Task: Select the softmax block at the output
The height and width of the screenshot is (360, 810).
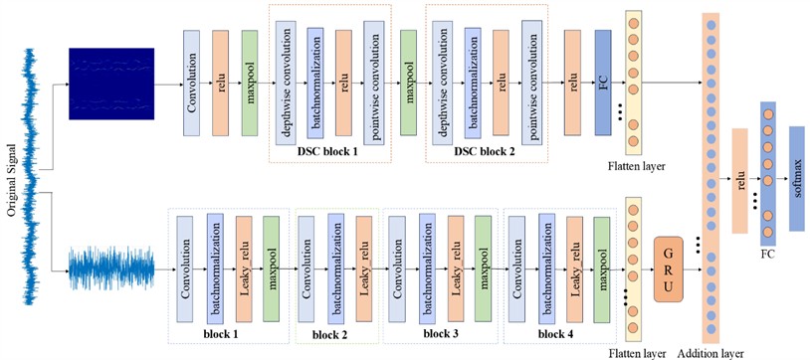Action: (797, 179)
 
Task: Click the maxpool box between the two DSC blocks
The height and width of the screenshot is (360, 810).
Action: (408, 83)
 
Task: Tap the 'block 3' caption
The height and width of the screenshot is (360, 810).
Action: (439, 334)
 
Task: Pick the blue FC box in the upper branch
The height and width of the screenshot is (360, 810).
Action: (602, 83)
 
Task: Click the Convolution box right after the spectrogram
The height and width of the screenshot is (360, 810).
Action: (192, 83)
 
